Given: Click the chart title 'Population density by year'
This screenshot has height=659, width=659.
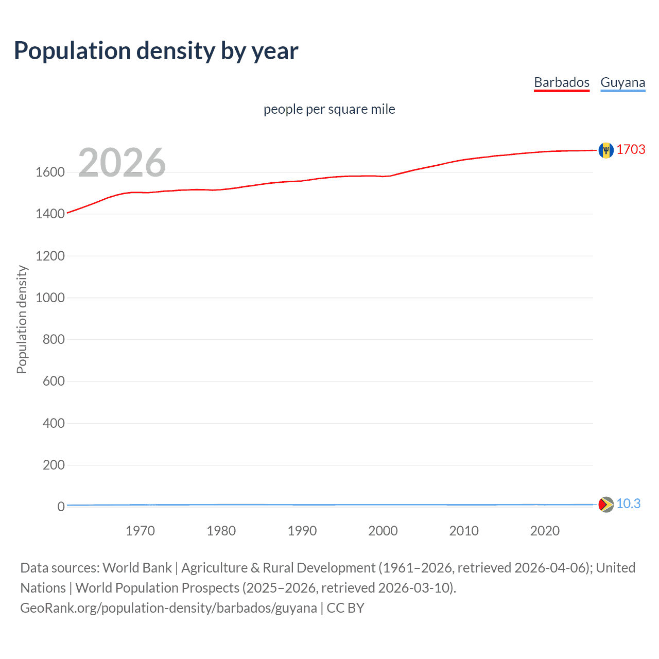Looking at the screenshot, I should point(156,51).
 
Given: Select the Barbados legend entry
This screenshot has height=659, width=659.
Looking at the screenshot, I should point(561,82).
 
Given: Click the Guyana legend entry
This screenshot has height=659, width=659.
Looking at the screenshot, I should point(622,82).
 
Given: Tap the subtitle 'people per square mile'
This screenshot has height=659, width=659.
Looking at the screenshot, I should point(329,109).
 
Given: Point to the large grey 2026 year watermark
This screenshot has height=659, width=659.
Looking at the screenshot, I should point(122,163).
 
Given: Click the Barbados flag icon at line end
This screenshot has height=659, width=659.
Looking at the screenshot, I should point(606,150).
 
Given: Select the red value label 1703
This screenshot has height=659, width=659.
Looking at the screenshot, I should point(631,149).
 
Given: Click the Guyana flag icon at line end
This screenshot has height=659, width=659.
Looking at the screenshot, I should point(606,505).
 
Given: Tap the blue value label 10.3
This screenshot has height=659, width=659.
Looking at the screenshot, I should point(628,504).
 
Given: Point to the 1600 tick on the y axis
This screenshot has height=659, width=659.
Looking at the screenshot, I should point(50,172).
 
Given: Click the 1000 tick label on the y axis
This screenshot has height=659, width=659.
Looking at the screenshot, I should point(50,298).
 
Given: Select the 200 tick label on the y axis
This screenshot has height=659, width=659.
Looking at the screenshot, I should point(54,465).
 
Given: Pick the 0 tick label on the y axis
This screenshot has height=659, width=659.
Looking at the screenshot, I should point(61,507).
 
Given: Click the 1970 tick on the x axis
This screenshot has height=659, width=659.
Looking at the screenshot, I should point(140,531).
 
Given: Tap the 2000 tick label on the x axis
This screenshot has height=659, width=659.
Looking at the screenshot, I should point(383,531).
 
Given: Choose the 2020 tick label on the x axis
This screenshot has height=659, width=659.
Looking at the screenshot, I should point(545,531).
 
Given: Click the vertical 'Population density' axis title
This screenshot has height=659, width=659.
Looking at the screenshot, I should point(22,319).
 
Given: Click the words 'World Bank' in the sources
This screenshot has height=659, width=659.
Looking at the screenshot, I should point(137,568).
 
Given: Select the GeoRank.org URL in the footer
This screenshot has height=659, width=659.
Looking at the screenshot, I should point(168,608).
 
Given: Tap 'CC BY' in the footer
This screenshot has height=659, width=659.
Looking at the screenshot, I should point(345,608).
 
